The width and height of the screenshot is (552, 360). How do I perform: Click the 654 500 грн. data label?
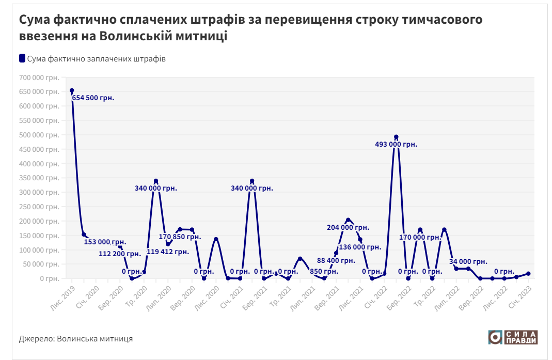(93, 98)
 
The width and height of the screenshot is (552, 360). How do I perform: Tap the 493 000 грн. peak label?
(396, 145)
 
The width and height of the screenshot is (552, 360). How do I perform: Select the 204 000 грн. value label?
(348, 227)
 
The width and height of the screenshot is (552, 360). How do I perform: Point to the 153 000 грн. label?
(105, 242)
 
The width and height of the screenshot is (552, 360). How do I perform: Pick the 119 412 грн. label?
(168, 252)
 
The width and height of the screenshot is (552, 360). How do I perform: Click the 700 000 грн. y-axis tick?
(39, 77)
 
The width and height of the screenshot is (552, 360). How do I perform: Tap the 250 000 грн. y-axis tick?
(39, 207)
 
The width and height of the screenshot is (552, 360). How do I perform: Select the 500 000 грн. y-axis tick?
(39, 135)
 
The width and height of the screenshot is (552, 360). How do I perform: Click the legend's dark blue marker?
(22, 58)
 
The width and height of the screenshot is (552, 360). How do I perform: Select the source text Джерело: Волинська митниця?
(76, 339)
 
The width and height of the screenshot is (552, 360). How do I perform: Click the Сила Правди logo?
(513, 337)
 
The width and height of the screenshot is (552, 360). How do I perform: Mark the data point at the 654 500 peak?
(72, 91)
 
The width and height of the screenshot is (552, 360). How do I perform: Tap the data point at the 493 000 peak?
(396, 137)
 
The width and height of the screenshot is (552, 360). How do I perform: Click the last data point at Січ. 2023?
(528, 274)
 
